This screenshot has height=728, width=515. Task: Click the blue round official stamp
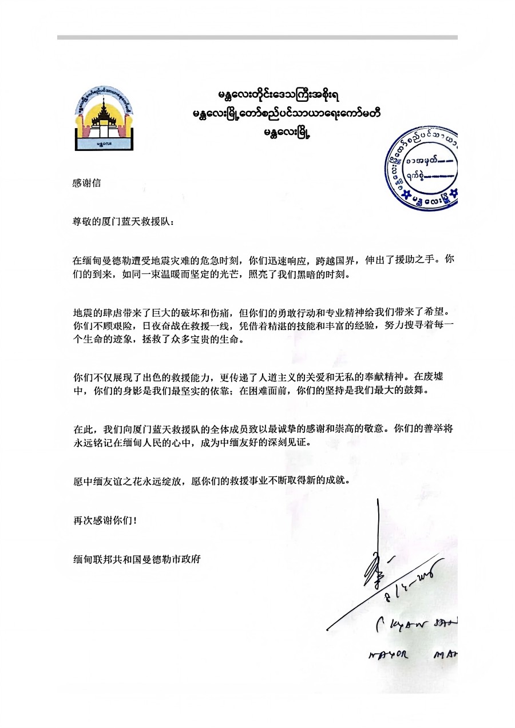click(x=423, y=168)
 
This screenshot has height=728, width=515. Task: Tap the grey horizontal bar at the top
click(x=257, y=38)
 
